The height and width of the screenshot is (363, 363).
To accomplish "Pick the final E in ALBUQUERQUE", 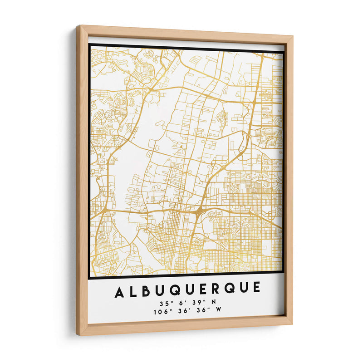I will tap(257, 288).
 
